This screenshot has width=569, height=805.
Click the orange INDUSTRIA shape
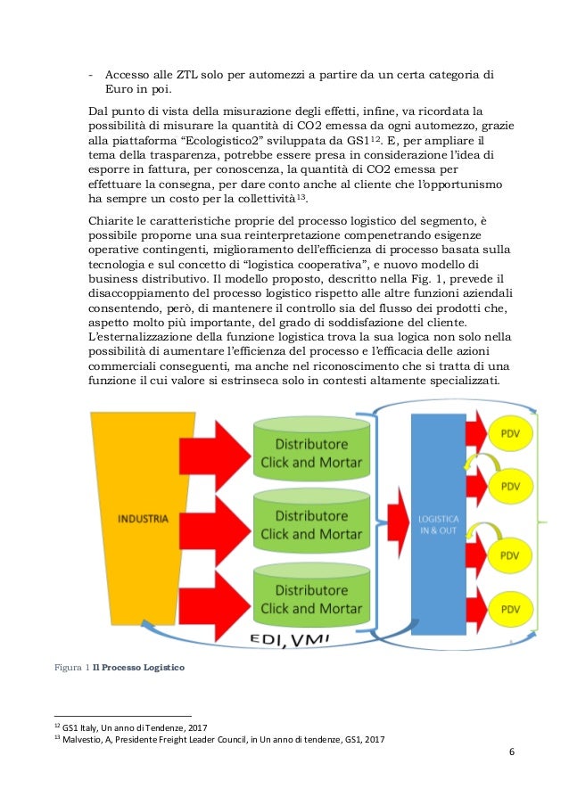coord(144,517)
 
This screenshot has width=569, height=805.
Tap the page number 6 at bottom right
coord(511,751)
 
